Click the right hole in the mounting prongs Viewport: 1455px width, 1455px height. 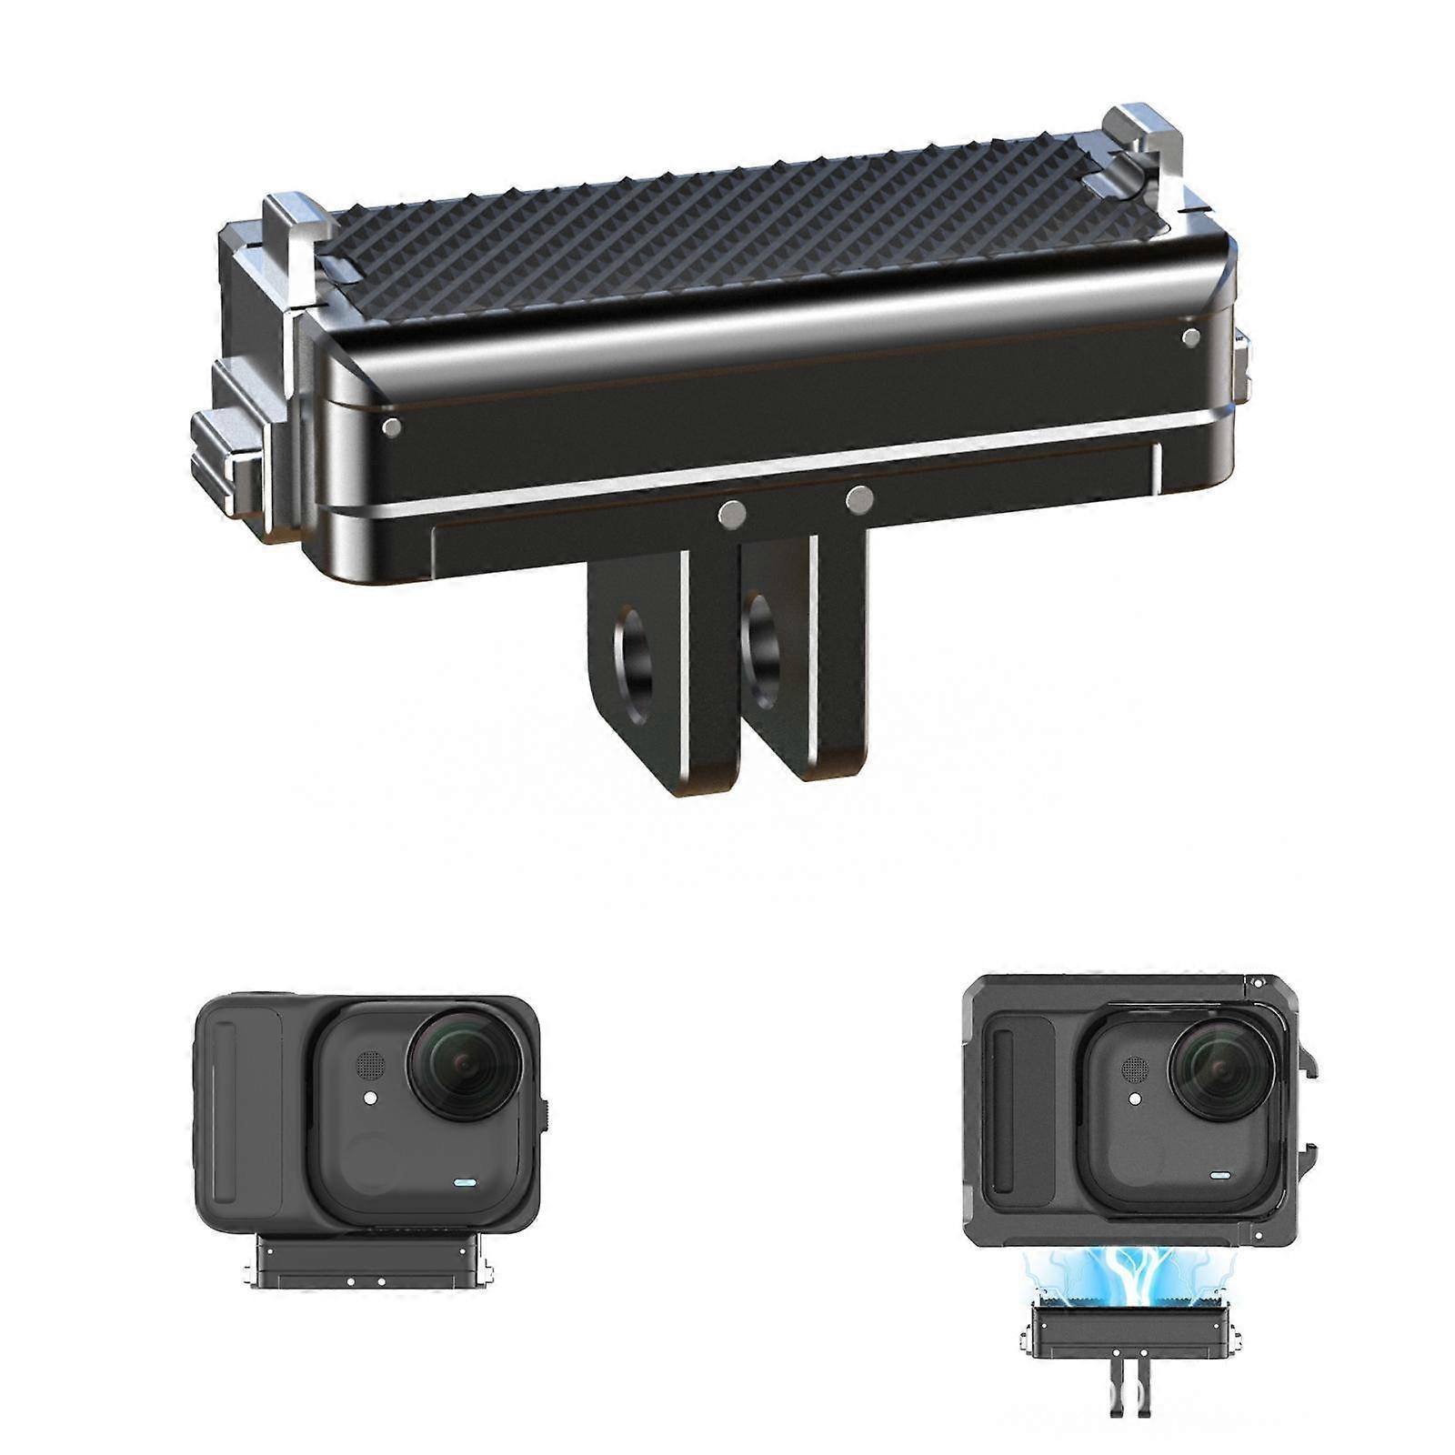click(x=762, y=650)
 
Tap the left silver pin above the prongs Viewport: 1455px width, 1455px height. click(x=732, y=515)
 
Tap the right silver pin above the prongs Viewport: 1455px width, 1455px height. click(x=858, y=498)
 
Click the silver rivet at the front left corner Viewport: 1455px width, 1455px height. click(x=392, y=426)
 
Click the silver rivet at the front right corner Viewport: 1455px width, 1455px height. click(x=1191, y=338)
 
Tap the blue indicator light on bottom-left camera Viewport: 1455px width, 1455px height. click(x=465, y=1184)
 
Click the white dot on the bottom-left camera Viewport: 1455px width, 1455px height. click(x=370, y=1099)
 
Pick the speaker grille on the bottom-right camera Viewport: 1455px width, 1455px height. click(x=1135, y=1069)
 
